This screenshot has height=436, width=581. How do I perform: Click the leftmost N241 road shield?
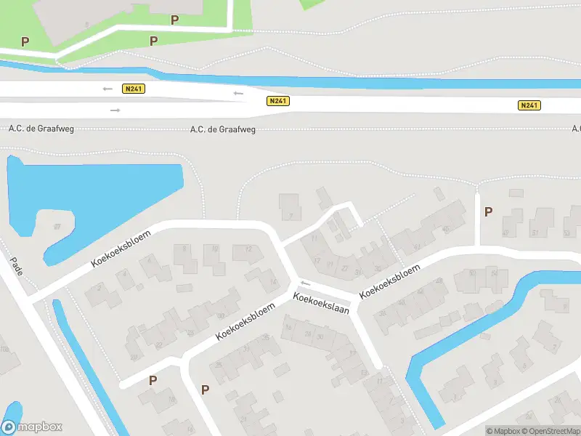134,89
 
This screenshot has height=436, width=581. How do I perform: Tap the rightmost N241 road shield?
529,105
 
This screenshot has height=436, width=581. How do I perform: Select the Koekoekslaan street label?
322,304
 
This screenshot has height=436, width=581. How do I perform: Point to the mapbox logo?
31,427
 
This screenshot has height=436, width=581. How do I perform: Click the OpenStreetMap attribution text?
553,432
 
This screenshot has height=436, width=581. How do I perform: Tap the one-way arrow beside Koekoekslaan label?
306,283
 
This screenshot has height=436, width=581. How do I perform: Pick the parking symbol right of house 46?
488,211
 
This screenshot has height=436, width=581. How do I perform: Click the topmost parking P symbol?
174,20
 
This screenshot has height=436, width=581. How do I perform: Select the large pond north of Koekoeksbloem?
94,196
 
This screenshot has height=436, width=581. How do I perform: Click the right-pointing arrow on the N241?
115,110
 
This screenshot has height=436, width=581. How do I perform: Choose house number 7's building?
290,206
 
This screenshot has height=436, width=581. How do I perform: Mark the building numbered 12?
247,252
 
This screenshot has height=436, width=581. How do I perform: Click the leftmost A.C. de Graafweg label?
41,129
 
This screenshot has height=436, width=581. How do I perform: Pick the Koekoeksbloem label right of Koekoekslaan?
390,280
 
